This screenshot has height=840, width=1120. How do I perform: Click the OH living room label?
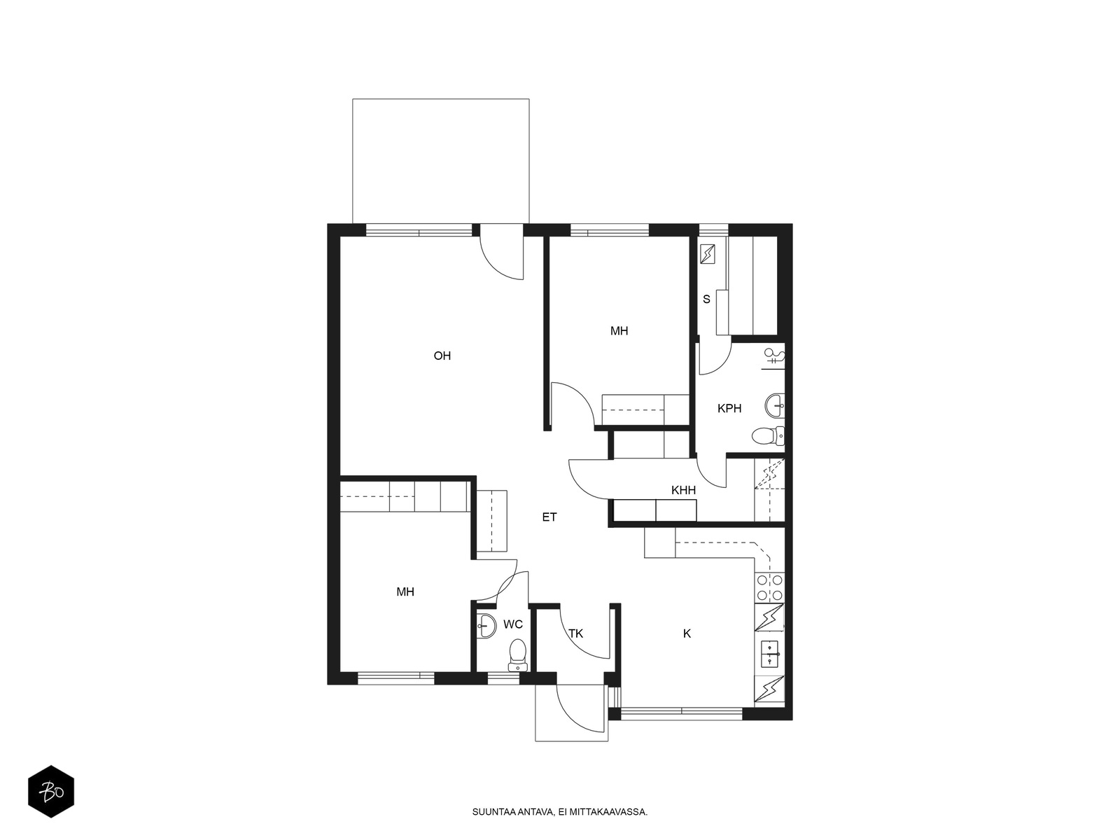[x=442, y=356]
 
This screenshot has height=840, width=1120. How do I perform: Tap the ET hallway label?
[x=549, y=517]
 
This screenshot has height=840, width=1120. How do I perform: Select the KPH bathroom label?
[x=729, y=408]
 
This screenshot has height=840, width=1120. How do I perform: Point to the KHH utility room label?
[x=683, y=491]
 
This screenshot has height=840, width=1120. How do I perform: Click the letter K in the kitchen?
[x=687, y=633]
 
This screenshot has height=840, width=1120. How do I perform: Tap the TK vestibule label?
[x=575, y=633]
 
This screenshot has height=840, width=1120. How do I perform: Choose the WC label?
[x=513, y=624]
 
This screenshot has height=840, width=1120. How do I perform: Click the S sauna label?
[x=706, y=300]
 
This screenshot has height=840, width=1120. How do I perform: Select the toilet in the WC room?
[x=518, y=655]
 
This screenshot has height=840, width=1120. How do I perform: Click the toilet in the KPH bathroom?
[x=768, y=435]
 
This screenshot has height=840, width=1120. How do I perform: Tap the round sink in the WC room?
[x=486, y=625]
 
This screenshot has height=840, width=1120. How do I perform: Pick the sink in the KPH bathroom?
[x=775, y=406]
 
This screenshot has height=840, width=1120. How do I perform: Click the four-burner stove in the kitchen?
[x=769, y=587]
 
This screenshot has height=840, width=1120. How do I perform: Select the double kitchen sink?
[x=769, y=654]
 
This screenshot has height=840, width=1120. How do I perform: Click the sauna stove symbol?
[x=707, y=254]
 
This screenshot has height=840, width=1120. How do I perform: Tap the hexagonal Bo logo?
[x=51, y=792]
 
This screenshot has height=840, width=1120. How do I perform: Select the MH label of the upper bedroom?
[x=619, y=331]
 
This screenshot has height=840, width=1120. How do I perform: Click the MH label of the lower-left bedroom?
[x=405, y=591]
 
